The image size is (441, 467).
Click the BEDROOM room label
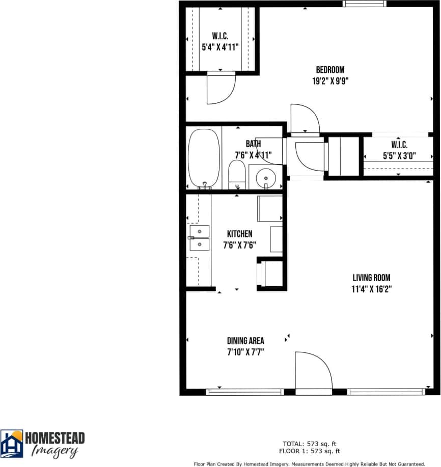(x=330, y=70)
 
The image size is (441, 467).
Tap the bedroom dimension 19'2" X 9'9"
(x=330, y=80)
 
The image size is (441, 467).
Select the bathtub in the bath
(x=204, y=158)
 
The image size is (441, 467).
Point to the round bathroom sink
(x=265, y=178)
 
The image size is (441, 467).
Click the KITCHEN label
(x=239, y=234)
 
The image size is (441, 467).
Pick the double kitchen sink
(x=199, y=238)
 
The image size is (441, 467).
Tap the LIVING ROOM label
(x=371, y=278)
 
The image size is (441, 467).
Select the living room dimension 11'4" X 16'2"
(x=371, y=289)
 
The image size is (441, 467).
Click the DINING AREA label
(x=245, y=341)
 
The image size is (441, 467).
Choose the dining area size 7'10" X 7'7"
(x=245, y=351)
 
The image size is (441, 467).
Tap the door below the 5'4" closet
(x=221, y=88)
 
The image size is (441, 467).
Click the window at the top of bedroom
(x=364, y=4)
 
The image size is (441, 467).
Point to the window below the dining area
(x=244, y=392)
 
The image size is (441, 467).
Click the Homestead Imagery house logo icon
(x=11, y=444)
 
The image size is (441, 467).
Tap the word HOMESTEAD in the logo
(x=55, y=438)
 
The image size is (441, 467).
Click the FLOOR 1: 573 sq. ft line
(x=309, y=451)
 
